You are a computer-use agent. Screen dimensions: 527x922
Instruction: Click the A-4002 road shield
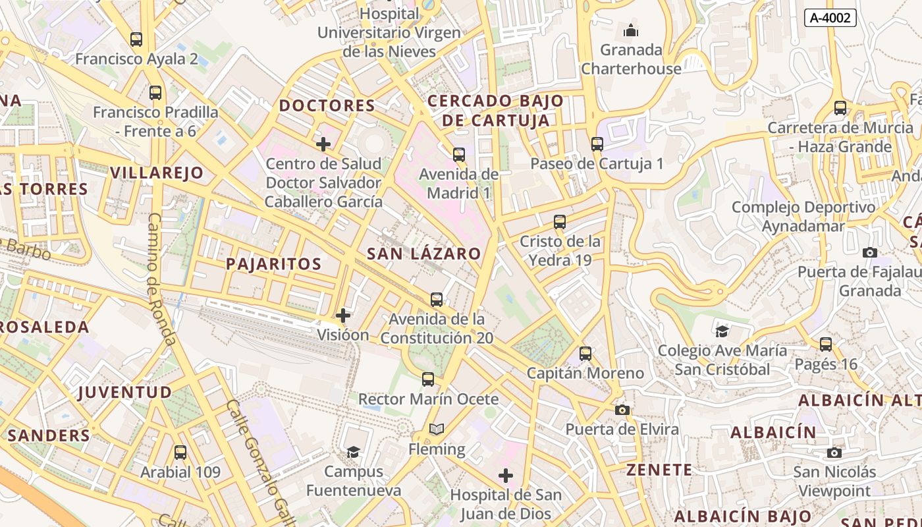coord(830,18)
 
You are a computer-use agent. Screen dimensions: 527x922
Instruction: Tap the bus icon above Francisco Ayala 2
coord(136,40)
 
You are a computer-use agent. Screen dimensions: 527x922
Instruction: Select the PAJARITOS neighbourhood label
coord(273,264)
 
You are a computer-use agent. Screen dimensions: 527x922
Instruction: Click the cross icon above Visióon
coord(343,316)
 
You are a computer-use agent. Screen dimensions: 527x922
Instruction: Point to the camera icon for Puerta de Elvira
coord(622,410)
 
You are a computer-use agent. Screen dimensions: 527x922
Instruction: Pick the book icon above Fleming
coord(437,430)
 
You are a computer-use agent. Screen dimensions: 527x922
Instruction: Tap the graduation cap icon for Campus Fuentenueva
coord(354,452)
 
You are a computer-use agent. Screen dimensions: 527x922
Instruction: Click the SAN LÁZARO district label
coord(423,254)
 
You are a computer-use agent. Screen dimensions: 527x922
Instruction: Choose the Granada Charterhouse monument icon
coord(631,30)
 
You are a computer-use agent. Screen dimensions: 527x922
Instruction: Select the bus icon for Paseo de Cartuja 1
coord(597,144)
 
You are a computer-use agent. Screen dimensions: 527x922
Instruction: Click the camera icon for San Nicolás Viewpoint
coord(834,453)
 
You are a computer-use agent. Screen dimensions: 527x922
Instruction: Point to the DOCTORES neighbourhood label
coord(327,105)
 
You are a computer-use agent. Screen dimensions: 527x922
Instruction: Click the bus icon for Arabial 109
coord(180,453)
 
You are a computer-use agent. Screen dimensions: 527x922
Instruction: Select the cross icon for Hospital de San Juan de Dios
coord(506,476)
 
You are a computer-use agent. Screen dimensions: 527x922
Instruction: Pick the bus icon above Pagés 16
coord(826,344)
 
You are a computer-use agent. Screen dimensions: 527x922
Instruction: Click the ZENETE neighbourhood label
coord(659,470)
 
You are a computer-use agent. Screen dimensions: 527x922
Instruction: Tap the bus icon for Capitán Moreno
coord(585,354)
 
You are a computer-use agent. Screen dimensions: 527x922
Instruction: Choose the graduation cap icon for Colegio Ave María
coord(722,331)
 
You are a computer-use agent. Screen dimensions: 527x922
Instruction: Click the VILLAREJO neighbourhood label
coord(157,173)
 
